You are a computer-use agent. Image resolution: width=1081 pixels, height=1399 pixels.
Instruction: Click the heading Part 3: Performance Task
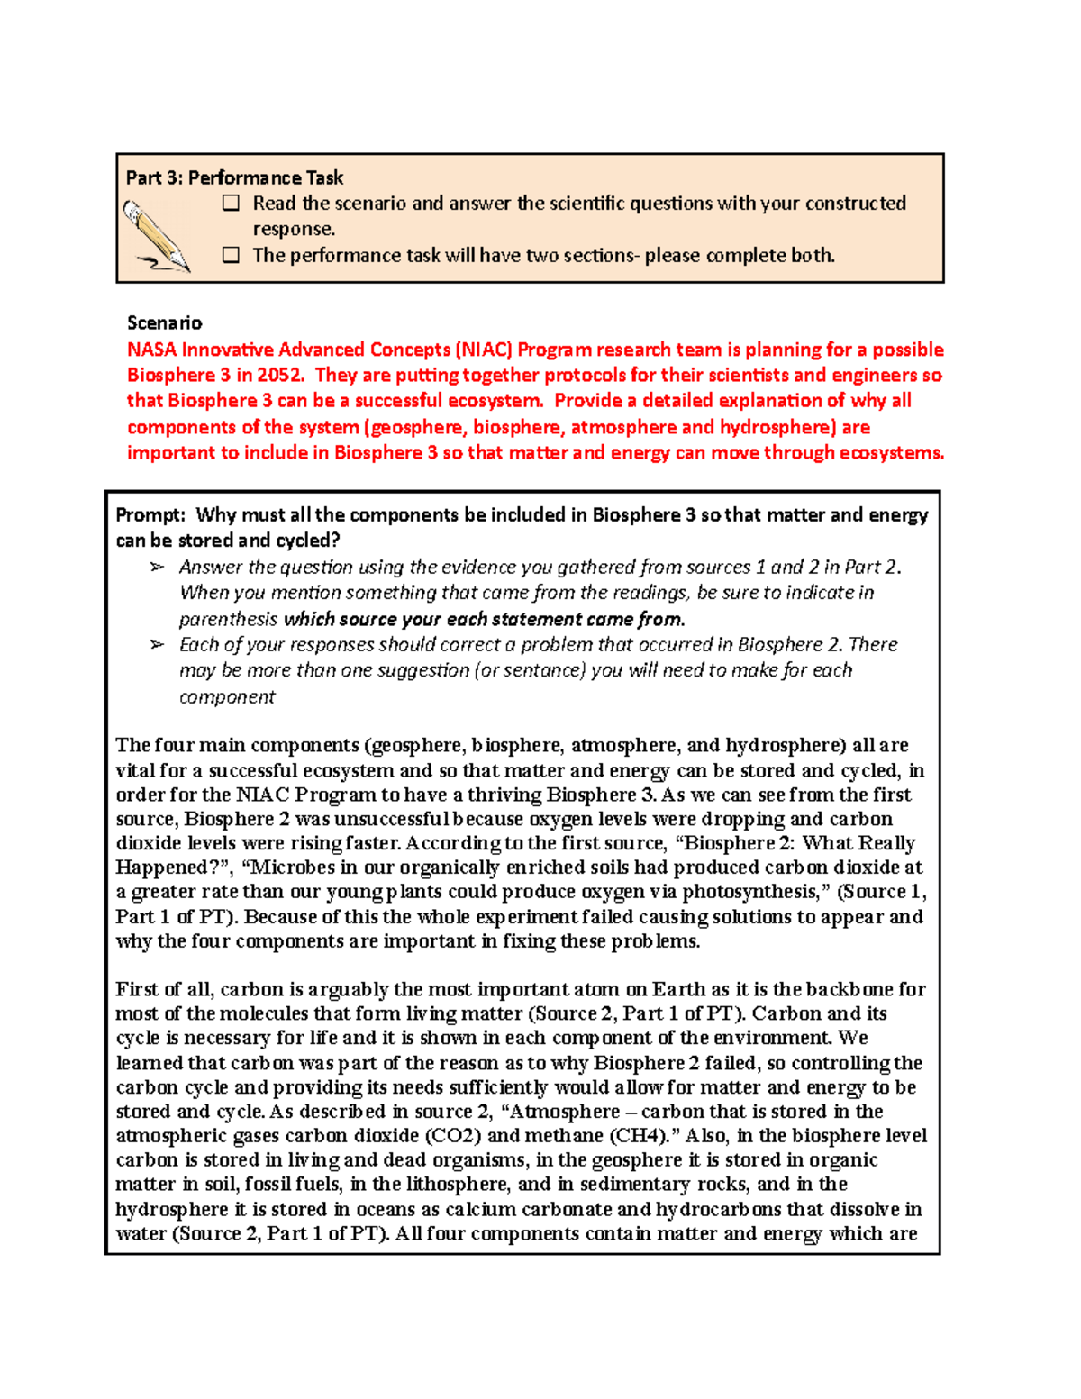(x=234, y=177)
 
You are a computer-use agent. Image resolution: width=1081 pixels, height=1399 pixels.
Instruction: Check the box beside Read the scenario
(x=232, y=204)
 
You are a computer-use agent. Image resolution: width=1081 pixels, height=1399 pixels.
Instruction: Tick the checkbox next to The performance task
(x=232, y=256)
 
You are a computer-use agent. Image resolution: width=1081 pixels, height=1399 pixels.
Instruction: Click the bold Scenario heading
(x=164, y=322)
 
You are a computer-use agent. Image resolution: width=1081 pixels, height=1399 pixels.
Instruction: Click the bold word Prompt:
(x=150, y=515)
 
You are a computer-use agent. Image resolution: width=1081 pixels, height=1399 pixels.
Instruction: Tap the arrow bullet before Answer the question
(x=158, y=568)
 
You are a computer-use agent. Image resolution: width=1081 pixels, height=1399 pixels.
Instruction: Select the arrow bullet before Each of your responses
(x=158, y=645)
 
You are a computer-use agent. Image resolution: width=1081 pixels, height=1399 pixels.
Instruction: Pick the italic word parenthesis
(x=228, y=620)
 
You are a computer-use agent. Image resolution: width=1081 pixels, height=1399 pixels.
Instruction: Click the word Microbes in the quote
(x=286, y=868)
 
